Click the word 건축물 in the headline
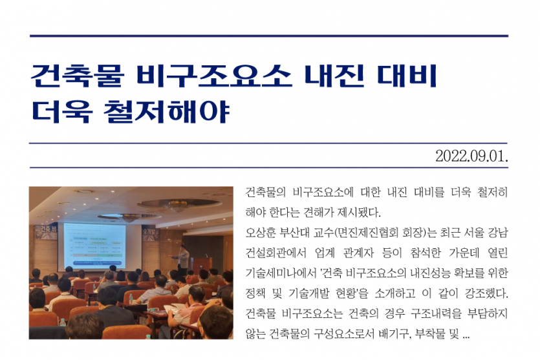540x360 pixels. click(x=77, y=75)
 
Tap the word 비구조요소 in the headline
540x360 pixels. click(x=214, y=75)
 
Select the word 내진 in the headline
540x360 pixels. click(x=334, y=75)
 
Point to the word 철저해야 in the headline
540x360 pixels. click(x=167, y=112)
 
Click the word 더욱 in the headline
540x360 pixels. click(x=62, y=112)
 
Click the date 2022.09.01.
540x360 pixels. click(x=471, y=156)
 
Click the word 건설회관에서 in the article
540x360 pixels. click(x=276, y=253)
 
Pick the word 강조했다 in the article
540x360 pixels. click(x=486, y=293)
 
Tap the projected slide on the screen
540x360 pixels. click(x=94, y=247)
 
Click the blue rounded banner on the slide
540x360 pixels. click(x=97, y=263)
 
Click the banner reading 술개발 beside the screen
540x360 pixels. click(x=150, y=234)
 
